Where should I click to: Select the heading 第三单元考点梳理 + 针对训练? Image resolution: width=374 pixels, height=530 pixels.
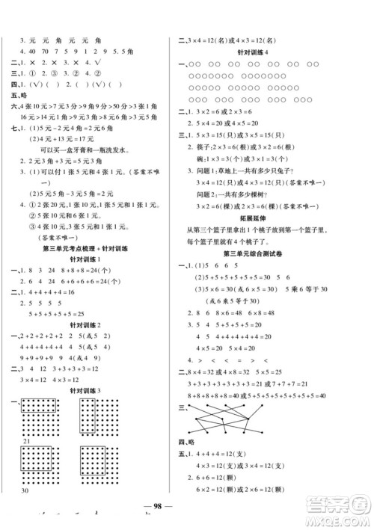pos(92,268)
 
